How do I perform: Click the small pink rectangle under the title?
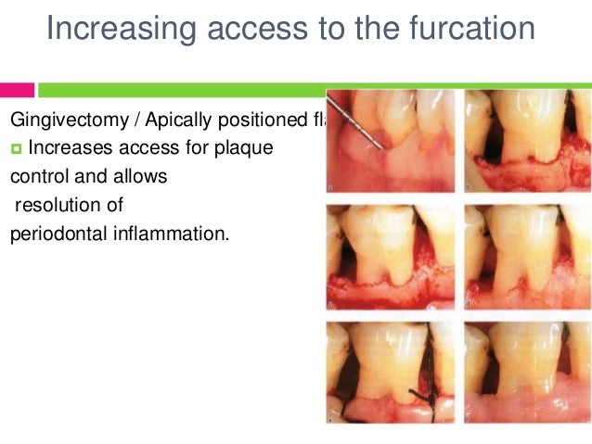17,90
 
